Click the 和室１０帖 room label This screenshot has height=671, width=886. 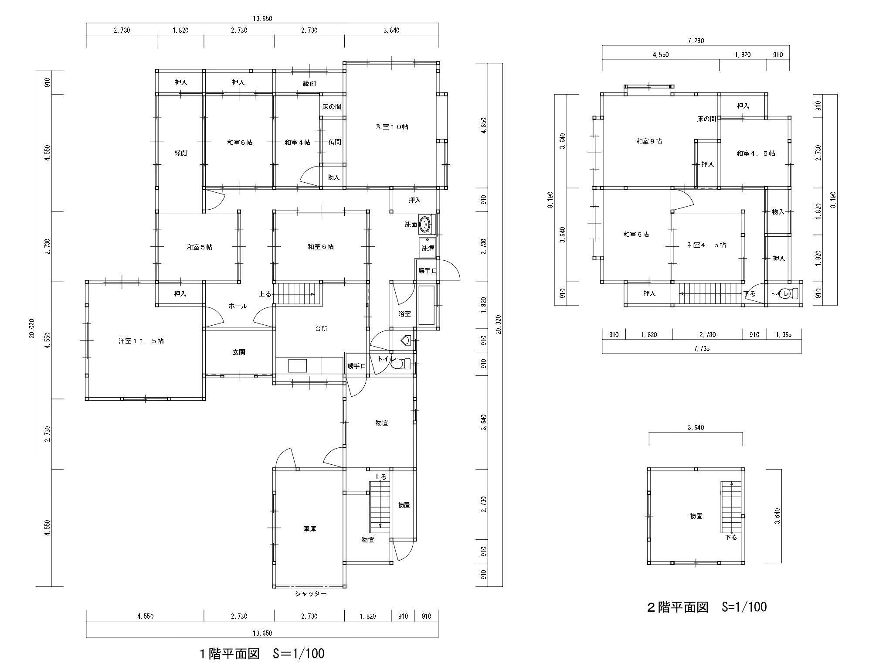392,127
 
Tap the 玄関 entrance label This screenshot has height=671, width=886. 238,352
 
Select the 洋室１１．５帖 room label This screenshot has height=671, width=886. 141,341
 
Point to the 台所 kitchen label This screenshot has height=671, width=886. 321,329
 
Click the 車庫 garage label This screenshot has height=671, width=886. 310,528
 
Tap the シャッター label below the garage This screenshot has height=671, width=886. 310,594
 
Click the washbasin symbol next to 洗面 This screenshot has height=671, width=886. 424,225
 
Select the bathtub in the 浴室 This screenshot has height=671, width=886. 427,305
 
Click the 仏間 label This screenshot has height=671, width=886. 334,142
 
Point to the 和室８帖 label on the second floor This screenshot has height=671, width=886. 649,141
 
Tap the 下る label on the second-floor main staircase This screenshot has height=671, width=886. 750,293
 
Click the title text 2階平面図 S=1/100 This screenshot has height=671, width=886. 706,606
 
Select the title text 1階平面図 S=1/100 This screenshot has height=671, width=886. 261,654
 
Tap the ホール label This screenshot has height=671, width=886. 238,306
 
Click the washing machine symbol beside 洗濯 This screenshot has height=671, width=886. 427,247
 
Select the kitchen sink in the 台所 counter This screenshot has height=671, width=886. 298,365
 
